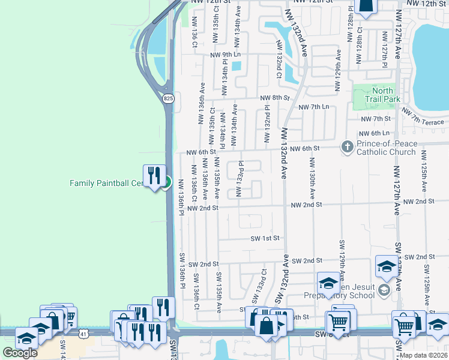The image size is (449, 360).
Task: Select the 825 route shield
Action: point(169,98)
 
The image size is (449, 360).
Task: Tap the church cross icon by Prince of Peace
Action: point(347,146)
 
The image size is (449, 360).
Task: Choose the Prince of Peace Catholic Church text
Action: point(385,148)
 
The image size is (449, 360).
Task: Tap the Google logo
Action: point(19,352)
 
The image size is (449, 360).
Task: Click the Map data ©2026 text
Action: point(423,355)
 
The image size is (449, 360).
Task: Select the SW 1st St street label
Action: point(265,238)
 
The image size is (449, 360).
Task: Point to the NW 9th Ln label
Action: point(224,55)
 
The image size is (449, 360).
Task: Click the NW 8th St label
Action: point(275,97)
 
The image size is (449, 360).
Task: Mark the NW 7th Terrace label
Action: point(423,117)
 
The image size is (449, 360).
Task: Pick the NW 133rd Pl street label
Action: point(240,178)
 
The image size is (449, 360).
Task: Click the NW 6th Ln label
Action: point(373,133)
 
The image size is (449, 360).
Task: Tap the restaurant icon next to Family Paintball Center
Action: point(154,175)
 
